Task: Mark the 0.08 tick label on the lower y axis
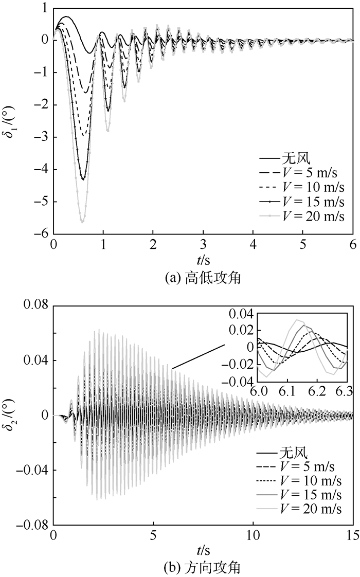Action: point(35,305)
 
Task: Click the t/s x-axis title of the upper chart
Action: point(203,261)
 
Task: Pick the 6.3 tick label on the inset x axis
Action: point(348,391)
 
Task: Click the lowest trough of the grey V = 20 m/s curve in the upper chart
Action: point(82,222)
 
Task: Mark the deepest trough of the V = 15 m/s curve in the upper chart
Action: point(83,179)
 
